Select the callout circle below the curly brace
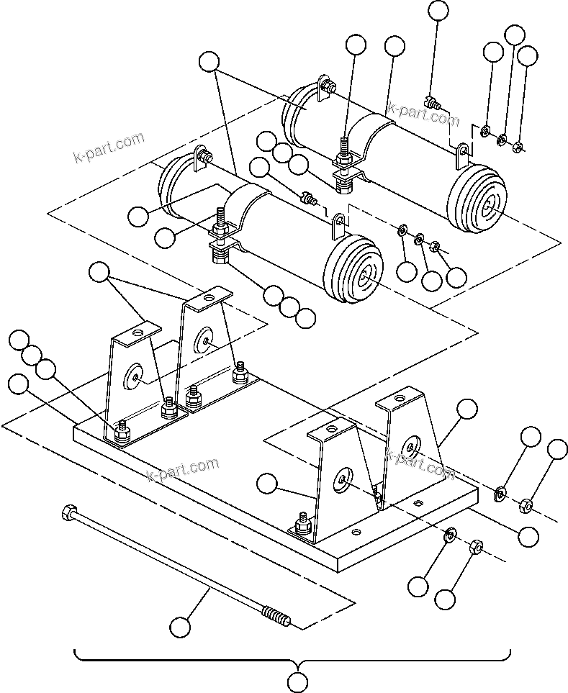click(297, 680)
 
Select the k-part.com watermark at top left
click(109, 147)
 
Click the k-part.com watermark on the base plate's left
click(182, 469)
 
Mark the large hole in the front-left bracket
click(135, 375)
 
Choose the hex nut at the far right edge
click(526, 507)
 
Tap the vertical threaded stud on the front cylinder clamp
click(219, 217)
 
